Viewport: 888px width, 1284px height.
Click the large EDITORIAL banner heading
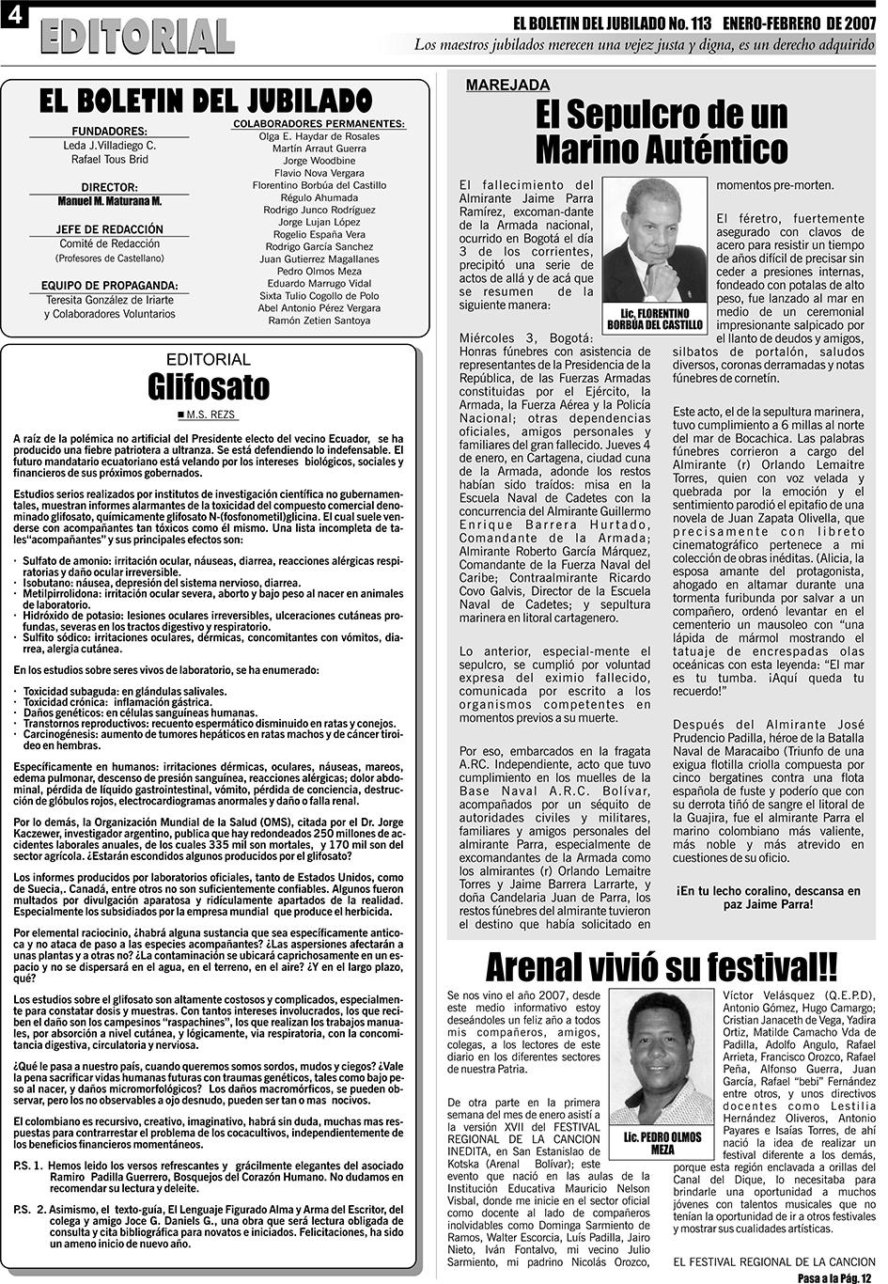click(x=137, y=36)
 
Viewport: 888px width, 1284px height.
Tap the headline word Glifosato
click(x=208, y=386)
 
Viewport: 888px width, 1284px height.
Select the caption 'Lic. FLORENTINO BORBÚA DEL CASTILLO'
click(x=655, y=319)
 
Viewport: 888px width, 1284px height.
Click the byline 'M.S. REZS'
click(x=211, y=415)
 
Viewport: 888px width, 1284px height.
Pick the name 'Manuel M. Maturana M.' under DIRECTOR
click(x=109, y=201)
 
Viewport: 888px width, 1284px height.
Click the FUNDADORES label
click(x=109, y=132)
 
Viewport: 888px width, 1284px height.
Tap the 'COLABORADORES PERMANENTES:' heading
click(x=319, y=123)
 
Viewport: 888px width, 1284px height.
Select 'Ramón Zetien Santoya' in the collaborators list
click(x=319, y=321)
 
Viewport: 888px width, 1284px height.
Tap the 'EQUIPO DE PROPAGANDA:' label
click(x=109, y=285)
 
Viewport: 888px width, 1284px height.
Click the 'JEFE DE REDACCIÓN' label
click(x=109, y=229)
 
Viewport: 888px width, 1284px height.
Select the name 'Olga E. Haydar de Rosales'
click(x=319, y=136)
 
